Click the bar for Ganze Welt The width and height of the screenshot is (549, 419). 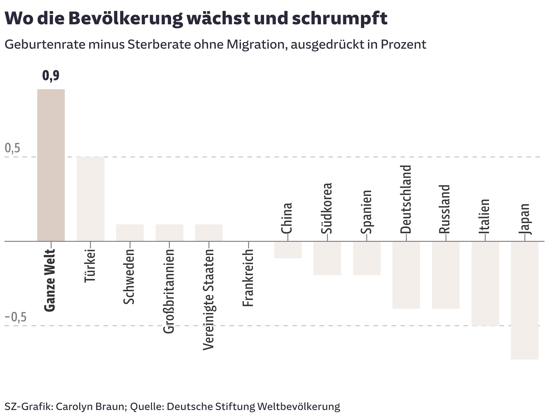[x=51, y=165]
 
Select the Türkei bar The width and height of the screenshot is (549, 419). [x=91, y=199]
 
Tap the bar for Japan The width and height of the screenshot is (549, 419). [x=525, y=300]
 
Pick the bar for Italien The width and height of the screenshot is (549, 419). [x=485, y=284]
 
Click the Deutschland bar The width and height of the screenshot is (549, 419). [x=406, y=275]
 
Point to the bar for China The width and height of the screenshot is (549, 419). [x=288, y=250]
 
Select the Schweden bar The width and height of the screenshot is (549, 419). [x=130, y=233]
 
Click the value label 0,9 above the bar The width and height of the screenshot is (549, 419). [x=51, y=76]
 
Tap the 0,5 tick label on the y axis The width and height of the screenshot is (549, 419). [x=13, y=148]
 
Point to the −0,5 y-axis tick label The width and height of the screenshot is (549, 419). [x=16, y=317]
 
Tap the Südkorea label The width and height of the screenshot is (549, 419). [x=327, y=208]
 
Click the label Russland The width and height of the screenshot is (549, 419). [x=445, y=209]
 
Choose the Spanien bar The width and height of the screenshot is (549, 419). [x=367, y=258]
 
